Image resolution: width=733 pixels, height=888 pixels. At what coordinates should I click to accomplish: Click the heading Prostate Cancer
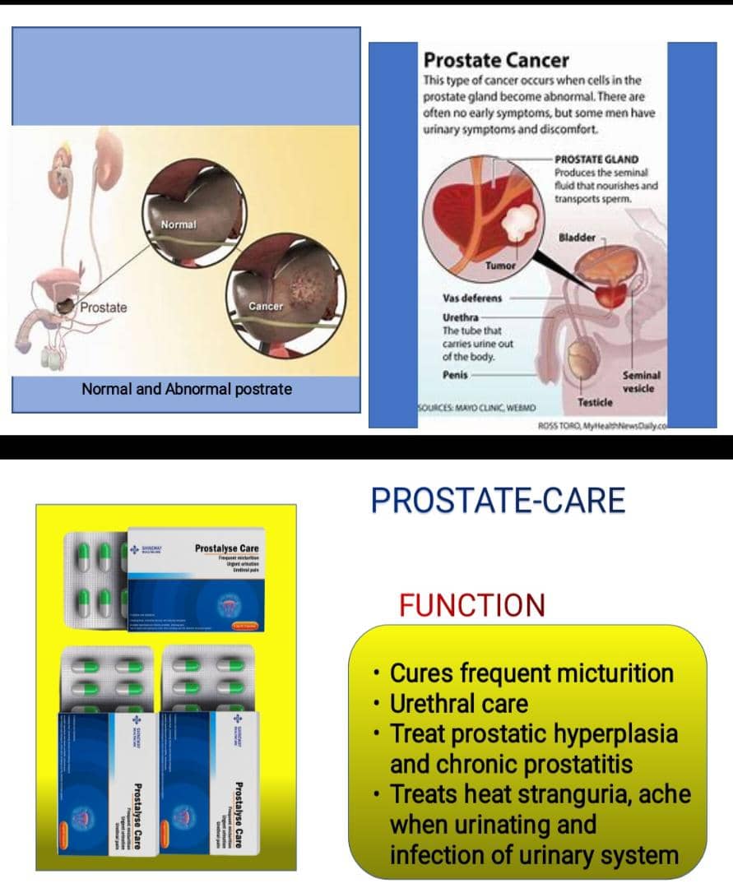[495, 60]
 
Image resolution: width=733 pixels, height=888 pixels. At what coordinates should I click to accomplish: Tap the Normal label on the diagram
[178, 224]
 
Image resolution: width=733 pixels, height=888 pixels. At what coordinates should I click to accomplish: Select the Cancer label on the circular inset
[266, 306]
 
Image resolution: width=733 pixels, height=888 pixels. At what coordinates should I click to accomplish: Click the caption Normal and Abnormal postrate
[187, 389]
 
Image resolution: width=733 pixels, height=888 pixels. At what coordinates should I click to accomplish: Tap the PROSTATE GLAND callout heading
[596, 160]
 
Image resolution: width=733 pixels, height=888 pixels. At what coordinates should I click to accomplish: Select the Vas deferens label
[472, 298]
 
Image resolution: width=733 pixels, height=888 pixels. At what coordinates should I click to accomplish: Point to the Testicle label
[596, 402]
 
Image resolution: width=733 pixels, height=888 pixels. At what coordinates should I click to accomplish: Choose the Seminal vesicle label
[641, 382]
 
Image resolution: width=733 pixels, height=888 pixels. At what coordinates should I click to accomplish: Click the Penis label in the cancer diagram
[455, 372]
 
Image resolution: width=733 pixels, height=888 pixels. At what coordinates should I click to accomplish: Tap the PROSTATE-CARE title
[498, 500]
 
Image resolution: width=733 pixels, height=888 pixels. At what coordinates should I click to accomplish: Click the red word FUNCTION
[471, 605]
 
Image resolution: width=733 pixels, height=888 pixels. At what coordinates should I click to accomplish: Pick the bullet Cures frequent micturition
[531, 673]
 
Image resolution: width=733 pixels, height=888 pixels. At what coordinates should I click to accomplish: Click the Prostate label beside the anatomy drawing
[104, 308]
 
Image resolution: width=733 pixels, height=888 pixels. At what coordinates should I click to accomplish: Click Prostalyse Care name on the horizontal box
[226, 548]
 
